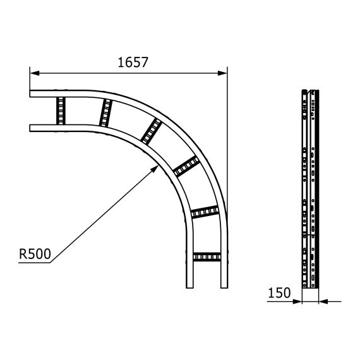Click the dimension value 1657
click(133, 62)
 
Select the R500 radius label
click(35, 254)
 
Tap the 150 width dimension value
click(279, 292)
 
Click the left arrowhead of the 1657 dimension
click(33, 72)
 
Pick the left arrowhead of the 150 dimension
click(298, 301)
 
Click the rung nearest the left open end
click(61, 111)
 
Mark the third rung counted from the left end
click(150, 131)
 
